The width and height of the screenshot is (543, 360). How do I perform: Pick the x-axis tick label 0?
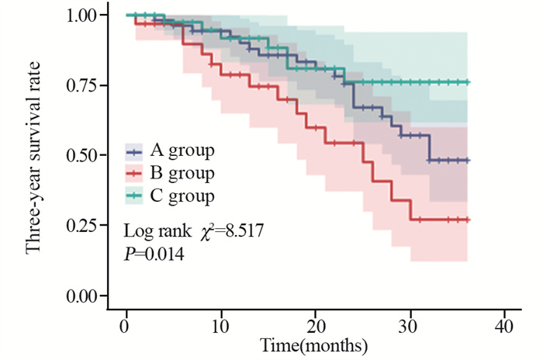pos(126,324)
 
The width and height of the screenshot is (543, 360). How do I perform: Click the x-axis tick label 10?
pos(220,324)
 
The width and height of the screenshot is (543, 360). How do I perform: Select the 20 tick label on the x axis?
pos(316,324)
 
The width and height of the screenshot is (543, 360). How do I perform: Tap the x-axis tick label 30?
pos(410,324)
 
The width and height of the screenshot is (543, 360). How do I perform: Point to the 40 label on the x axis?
pos(505,324)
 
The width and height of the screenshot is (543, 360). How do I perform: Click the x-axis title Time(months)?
pos(313,344)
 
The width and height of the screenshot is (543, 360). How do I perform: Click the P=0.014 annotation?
pos(154,253)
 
